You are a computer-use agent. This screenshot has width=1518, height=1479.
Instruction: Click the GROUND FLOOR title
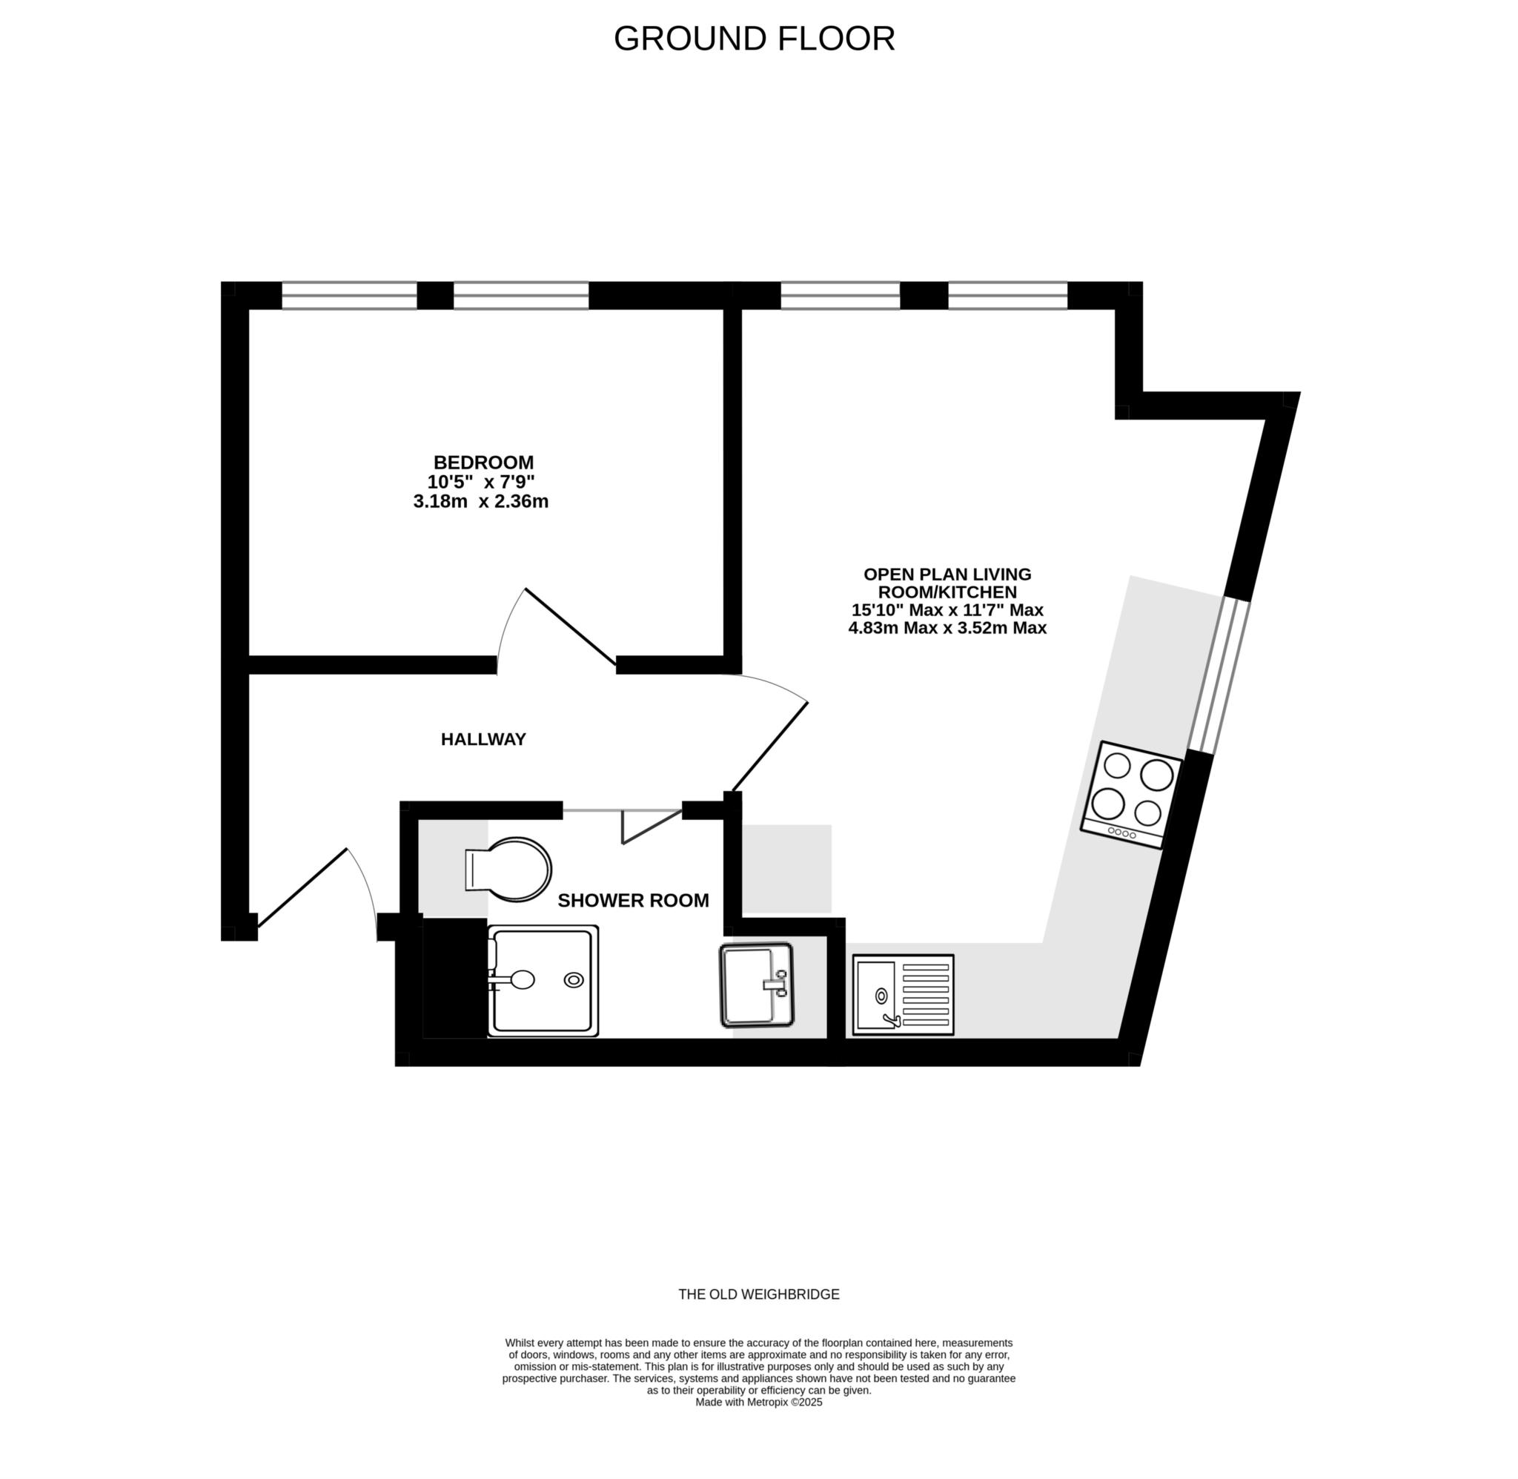click(x=754, y=38)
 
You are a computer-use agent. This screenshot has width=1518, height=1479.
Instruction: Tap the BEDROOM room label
click(x=484, y=462)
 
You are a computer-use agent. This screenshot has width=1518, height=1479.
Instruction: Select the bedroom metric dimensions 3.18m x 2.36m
click(x=481, y=502)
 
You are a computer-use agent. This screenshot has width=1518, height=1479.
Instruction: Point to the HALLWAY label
click(x=484, y=740)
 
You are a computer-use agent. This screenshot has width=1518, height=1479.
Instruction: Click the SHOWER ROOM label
click(x=634, y=901)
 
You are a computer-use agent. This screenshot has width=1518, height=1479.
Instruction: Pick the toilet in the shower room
click(x=508, y=869)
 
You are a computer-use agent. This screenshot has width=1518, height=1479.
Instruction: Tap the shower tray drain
click(x=574, y=980)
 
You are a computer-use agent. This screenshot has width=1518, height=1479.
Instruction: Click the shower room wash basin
click(x=756, y=985)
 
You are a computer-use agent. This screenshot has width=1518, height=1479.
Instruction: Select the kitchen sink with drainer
click(x=903, y=995)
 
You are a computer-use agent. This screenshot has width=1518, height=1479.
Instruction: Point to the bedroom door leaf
click(x=571, y=627)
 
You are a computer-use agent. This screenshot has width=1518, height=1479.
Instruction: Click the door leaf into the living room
click(x=770, y=747)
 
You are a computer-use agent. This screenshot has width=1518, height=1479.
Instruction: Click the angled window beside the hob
click(x=1219, y=674)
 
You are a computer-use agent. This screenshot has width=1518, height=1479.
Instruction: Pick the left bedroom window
click(x=349, y=296)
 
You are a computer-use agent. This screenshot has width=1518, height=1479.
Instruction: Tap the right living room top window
click(x=1008, y=296)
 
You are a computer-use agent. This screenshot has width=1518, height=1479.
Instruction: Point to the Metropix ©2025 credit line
click(x=758, y=1402)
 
